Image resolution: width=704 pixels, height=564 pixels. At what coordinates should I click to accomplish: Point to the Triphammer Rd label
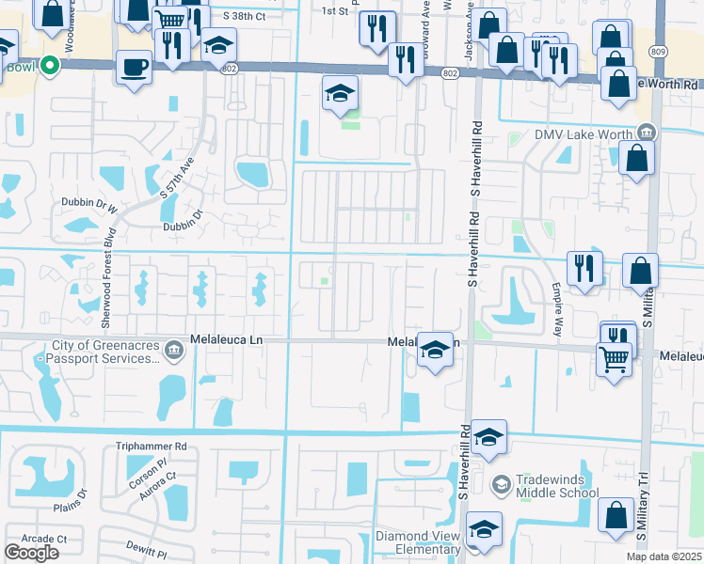pos(152,446)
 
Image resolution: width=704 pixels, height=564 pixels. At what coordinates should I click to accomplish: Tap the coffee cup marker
pos(134,68)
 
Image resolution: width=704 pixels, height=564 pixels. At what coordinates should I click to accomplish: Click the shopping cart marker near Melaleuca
pos(614,356)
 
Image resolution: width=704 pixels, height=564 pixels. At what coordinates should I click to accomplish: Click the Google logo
pos(31,552)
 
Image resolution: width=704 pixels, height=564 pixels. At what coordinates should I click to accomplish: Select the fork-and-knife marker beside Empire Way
pos(584,269)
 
